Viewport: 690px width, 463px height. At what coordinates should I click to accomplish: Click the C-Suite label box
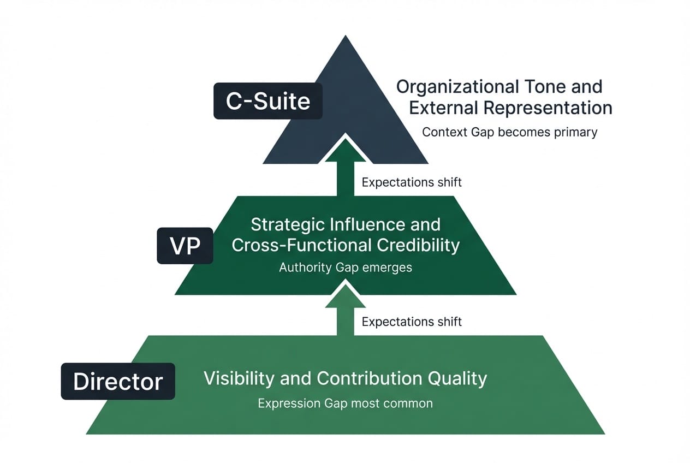[267, 101]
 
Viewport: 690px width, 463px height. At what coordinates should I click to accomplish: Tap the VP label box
[185, 246]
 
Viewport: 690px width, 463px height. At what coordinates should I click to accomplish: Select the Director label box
[118, 381]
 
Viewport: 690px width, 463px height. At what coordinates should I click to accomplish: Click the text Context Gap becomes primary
[509, 132]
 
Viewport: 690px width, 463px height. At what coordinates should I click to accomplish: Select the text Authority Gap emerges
[345, 268]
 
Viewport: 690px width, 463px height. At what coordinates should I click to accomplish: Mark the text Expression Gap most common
[345, 403]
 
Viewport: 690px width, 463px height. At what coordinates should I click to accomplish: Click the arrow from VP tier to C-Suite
[345, 167]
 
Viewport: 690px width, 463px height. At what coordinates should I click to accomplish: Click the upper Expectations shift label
[412, 182]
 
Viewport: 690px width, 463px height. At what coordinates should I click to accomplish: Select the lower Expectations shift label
[412, 322]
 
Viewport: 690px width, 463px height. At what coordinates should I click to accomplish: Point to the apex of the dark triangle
[345, 37]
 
